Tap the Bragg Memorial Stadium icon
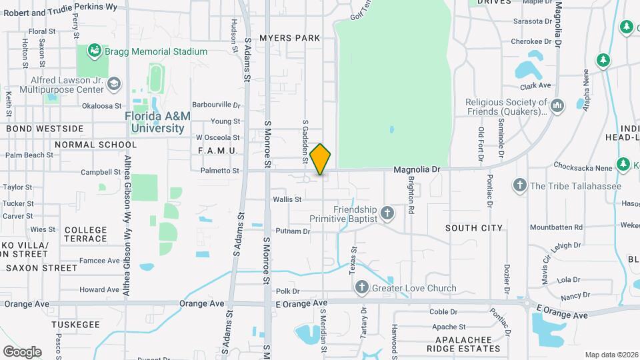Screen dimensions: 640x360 point(95,51)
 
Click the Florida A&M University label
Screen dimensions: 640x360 point(158,122)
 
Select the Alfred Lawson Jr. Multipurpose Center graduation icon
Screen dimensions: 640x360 point(114,83)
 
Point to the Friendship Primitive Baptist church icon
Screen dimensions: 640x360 point(387,213)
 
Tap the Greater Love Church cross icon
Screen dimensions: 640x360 point(362,288)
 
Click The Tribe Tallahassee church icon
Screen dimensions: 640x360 point(520,185)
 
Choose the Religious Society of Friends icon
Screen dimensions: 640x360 point(557,105)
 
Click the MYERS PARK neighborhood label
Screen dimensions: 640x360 point(290,38)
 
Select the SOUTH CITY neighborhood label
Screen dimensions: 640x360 point(474,228)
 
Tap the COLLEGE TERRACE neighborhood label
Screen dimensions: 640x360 point(85,234)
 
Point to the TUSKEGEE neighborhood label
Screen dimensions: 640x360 point(75,325)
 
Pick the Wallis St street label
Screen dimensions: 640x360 point(287,199)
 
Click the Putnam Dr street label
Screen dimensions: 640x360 point(293,231)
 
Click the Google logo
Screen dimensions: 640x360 point(22,351)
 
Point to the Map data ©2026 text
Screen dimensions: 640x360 point(610,355)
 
